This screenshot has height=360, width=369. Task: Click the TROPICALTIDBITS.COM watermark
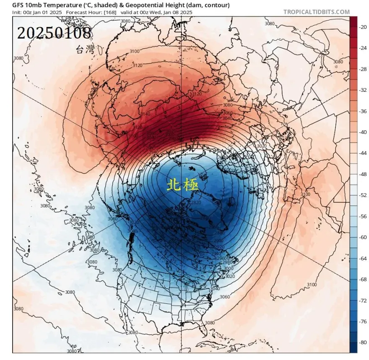pyautogui.click(x=316, y=12)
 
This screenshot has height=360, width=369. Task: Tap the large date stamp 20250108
pyautogui.click(x=54, y=33)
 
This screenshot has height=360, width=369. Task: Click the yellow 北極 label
pyautogui.click(x=182, y=185)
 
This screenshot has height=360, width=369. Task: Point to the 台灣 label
pyautogui.click(x=85, y=51)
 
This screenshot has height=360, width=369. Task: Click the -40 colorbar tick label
pyautogui.click(x=363, y=132)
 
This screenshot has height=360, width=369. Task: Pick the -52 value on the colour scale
pyautogui.click(x=363, y=195)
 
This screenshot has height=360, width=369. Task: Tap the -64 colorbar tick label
pyautogui.click(x=363, y=259)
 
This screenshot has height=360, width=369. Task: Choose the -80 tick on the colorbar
pyautogui.click(x=363, y=342)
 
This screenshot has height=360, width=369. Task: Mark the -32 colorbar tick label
pyautogui.click(x=363, y=90)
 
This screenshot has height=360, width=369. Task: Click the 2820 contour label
pyautogui.click(x=196, y=202)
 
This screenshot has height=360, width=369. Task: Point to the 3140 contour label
pyautogui.click(x=145, y=114)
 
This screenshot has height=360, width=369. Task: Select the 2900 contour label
pyautogui.click(x=218, y=241)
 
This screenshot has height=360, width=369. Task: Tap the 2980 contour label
pyautogui.click(x=227, y=262)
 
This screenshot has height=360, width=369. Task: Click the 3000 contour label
pyautogui.click(x=229, y=269)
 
